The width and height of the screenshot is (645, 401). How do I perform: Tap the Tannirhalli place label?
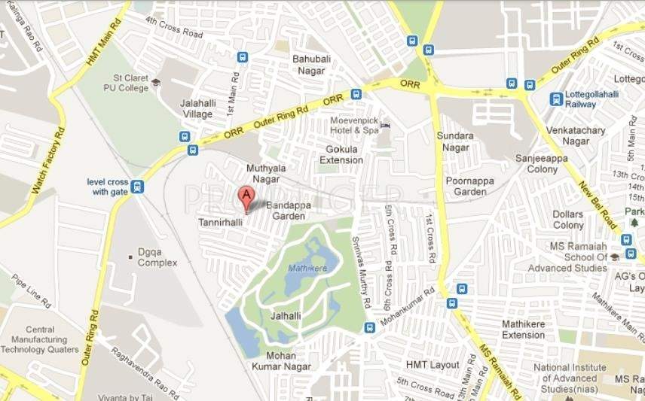point(220,223)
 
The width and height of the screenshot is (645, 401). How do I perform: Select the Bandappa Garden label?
point(286,211)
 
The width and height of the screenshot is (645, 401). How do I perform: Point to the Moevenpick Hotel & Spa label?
point(354,125)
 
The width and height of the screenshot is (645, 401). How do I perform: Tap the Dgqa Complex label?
point(157,257)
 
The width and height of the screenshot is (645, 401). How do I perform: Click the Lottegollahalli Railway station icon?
point(556,99)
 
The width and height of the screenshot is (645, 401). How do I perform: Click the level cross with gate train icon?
point(137,186)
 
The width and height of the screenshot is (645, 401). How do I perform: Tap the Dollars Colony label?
point(568,219)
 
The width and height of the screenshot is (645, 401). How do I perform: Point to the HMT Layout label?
point(433,365)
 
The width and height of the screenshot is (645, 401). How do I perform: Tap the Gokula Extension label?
point(341,154)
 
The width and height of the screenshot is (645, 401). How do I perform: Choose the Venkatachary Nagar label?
point(576,135)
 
